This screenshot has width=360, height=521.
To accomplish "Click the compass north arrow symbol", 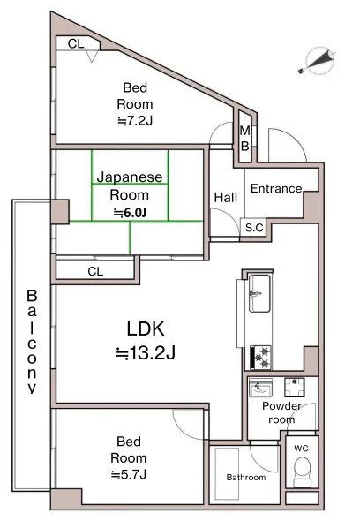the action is [319, 60].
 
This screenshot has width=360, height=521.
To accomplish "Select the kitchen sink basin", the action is [259, 293].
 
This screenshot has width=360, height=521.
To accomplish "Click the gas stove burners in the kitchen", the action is [260, 358].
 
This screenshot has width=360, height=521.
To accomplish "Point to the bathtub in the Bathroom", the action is [227, 473].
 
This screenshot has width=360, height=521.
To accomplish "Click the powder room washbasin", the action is [260, 388].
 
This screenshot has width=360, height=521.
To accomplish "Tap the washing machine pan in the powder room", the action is [294, 388].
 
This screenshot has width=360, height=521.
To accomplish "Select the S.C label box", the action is [254, 228].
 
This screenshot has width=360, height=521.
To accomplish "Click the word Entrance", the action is [276, 188].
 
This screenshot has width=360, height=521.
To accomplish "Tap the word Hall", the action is [226, 198].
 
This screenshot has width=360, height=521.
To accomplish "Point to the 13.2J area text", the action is [146, 353].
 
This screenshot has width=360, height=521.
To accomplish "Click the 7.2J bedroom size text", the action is [134, 121].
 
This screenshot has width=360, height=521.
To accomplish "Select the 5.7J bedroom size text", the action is [129, 474].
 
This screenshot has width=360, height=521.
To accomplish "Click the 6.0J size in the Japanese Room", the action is [130, 213].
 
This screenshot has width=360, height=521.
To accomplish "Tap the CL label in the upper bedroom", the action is [76, 43].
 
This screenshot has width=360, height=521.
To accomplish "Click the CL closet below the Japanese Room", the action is [95, 271].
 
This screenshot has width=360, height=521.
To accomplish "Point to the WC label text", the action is [301, 449].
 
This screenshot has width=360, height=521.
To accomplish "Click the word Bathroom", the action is [246, 478].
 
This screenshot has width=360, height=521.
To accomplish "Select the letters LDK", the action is [146, 328].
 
